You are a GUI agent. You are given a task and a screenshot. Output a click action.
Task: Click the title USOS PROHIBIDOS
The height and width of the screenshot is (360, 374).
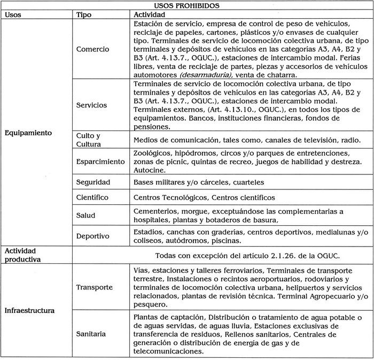pos(187,5)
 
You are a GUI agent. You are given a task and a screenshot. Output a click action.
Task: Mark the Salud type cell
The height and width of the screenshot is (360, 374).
pos(85,215)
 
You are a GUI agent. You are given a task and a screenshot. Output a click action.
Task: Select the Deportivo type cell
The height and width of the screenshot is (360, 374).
pos(92,235)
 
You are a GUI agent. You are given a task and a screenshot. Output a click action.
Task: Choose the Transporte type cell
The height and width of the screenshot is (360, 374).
pos(95,287)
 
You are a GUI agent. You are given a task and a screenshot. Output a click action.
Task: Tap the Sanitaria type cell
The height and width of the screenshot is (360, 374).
pos(91,334)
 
